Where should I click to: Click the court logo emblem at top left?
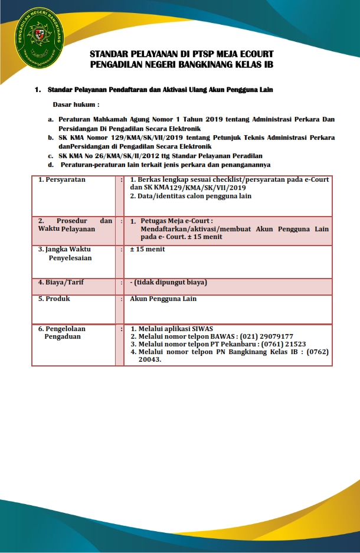(x=41, y=37)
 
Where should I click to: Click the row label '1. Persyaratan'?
(x=61, y=179)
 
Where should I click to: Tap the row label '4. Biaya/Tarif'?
(x=61, y=282)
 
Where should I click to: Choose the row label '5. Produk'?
(x=54, y=299)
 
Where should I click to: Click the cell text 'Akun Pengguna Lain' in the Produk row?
(x=163, y=299)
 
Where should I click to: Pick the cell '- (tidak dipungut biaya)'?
(x=168, y=282)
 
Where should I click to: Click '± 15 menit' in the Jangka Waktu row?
(x=148, y=249)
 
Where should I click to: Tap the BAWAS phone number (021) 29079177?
(x=269, y=336)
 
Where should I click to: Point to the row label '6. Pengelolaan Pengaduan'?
(x=62, y=332)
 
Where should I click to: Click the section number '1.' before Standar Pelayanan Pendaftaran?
(x=38, y=90)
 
